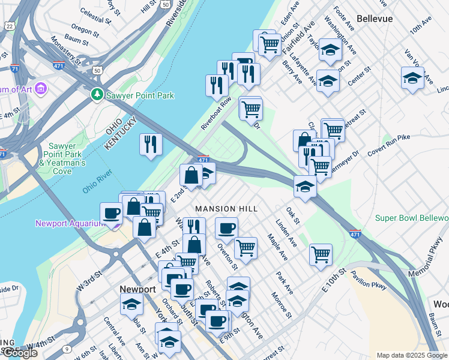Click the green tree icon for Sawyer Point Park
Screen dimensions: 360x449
click(97, 95)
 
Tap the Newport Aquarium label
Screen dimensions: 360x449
click(70, 224)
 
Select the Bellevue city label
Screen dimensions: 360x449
click(375, 19)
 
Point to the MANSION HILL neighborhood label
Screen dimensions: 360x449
click(226, 209)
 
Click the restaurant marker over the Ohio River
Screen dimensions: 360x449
click(151, 145)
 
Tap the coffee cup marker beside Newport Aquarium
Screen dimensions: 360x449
click(112, 214)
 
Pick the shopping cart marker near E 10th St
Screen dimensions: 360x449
click(321, 254)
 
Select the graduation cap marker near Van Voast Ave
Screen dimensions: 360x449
click(412, 78)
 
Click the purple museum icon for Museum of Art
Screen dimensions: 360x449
click(41, 89)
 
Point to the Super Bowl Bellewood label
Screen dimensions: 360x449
click(412, 217)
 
